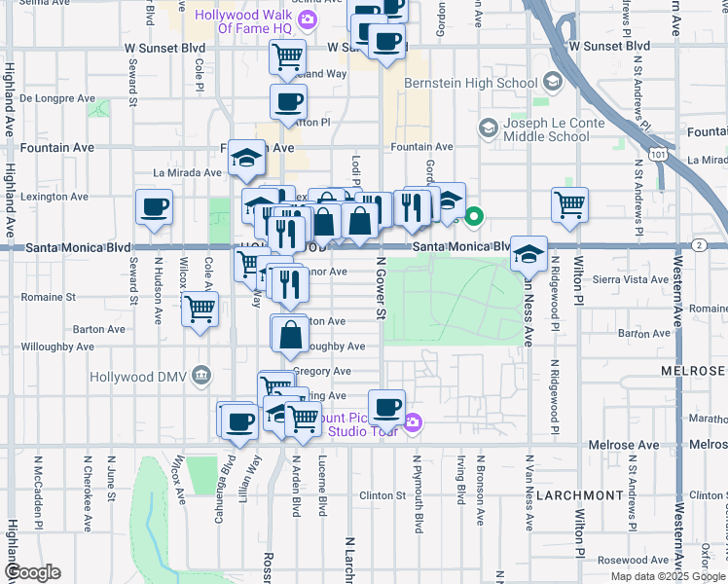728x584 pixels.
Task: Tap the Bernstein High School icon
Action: tap(554, 82)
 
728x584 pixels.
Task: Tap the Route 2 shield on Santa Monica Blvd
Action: tap(700, 246)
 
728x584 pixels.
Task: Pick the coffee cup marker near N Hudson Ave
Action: tap(155, 207)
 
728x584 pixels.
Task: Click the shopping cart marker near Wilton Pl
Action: tap(569, 204)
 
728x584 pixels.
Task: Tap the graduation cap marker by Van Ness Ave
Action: tap(528, 253)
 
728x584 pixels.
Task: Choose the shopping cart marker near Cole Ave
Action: tap(200, 309)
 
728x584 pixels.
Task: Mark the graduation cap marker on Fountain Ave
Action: tap(247, 157)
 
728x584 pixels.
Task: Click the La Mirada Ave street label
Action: tap(187, 172)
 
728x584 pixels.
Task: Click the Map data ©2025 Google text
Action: tap(667, 576)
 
